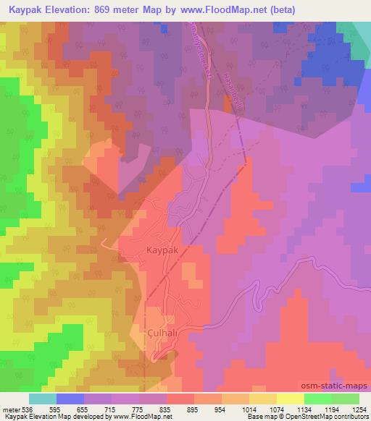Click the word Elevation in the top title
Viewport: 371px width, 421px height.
point(78,9)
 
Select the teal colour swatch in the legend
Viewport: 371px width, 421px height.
point(43,399)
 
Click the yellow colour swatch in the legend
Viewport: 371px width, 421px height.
point(290,399)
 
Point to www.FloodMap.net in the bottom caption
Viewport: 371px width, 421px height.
point(138,417)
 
